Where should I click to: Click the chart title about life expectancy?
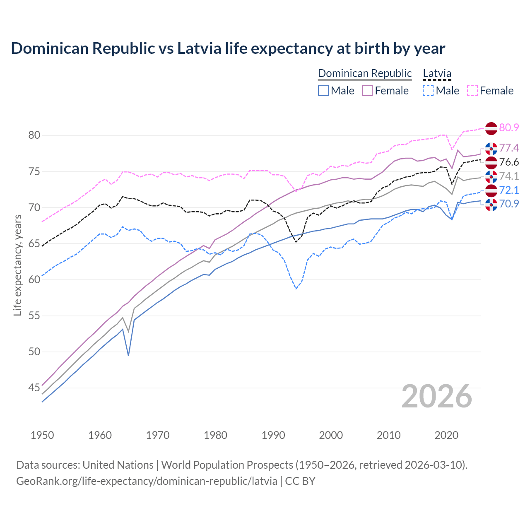coord(228,48)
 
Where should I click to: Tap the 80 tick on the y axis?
coord(34,135)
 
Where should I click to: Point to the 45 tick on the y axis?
coord(34,388)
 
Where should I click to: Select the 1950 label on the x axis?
coord(42,435)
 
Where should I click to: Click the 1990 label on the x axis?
coord(273,435)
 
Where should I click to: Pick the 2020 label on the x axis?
coord(446,435)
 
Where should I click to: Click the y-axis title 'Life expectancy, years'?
coord(17,265)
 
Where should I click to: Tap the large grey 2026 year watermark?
coord(436,396)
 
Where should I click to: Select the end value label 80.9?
coord(509,128)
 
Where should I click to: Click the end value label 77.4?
coord(509,148)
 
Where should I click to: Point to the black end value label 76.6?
coord(509,162)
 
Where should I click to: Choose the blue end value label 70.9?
coord(509,204)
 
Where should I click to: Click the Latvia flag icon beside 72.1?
coord(491,190)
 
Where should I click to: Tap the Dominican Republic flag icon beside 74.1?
coord(491,176)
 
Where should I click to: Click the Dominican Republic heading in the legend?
coord(365,73)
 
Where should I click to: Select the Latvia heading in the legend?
coord(437,73)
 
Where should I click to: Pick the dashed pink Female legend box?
coord(472,91)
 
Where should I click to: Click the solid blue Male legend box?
coord(323,91)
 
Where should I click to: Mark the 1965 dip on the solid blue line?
coord(128,355)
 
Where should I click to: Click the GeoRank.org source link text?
coord(147,481)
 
